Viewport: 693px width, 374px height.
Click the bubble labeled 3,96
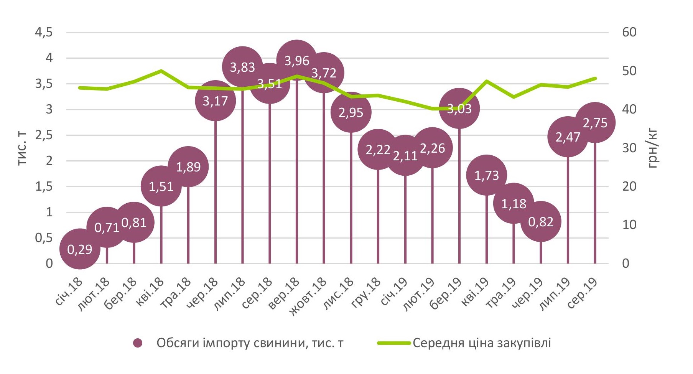coord(297,60)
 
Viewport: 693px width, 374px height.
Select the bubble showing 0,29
coord(80,249)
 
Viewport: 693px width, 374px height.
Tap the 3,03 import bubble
coord(459,109)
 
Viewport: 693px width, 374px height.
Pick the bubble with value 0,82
coord(541,222)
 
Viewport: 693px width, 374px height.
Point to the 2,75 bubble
coord(595,123)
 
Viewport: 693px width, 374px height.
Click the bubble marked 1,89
coord(188,167)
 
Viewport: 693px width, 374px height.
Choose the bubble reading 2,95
coord(351,112)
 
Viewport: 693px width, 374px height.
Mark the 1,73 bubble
coord(487,175)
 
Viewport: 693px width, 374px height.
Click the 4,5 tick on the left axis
coord(44,33)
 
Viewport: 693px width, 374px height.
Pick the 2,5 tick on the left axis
coord(44,135)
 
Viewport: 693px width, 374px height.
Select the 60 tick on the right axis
coord(629,33)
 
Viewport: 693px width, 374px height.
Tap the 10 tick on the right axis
coord(629,225)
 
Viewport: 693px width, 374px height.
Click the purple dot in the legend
coord(138,343)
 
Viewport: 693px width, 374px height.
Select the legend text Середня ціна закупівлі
coord(482,343)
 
